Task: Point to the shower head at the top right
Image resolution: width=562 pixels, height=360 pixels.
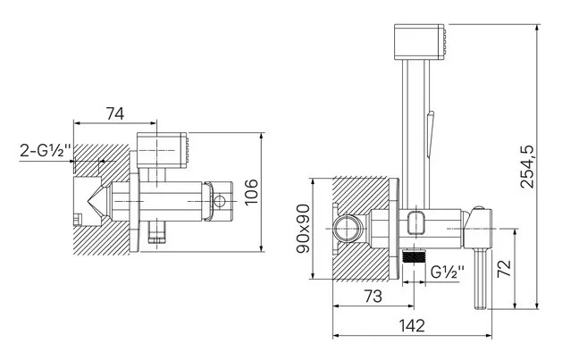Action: pyautogui.click(x=419, y=41)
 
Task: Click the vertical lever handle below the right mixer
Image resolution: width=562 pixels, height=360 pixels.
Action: pyautogui.click(x=482, y=276)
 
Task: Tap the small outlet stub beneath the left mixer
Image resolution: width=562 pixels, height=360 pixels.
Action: pyautogui.click(x=158, y=234)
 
